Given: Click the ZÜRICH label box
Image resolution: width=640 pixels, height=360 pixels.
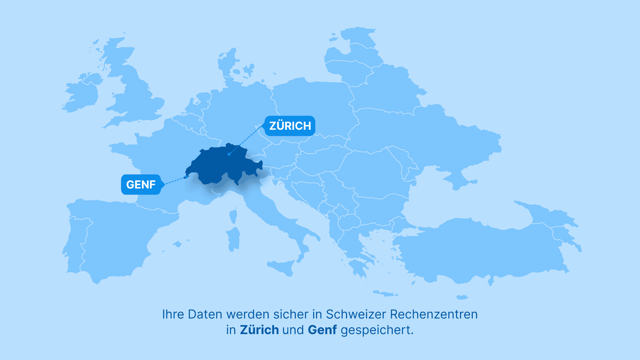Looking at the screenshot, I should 290,126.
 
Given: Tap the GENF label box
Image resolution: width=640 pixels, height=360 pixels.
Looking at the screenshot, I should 141,184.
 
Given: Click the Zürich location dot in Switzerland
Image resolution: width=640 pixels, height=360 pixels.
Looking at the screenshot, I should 229,154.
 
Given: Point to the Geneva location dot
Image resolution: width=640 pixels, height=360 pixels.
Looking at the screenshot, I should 186,176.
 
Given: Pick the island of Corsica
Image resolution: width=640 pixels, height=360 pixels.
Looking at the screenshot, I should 233,216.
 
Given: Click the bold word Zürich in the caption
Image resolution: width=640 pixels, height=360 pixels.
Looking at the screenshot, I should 259,330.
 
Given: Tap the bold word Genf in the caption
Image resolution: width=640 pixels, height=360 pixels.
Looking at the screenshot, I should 322,330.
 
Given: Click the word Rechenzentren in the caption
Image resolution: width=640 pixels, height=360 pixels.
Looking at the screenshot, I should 434,314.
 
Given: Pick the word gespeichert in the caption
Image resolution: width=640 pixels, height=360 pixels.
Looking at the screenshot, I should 377,330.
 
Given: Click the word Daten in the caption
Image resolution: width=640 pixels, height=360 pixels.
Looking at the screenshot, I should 205,314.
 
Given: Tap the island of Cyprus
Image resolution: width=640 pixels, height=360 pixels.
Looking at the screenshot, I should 462,297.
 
